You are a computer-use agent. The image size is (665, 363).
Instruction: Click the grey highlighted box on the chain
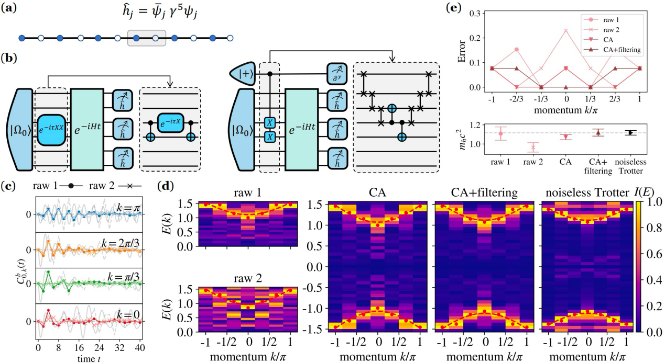point(147,38)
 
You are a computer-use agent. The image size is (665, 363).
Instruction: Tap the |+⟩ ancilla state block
point(246,74)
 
